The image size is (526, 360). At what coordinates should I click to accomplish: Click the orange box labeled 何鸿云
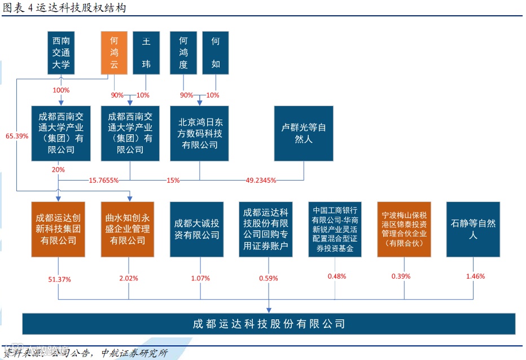(114, 53)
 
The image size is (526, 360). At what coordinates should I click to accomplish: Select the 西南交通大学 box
(61, 53)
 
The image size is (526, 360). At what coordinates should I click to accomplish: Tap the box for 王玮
(146, 53)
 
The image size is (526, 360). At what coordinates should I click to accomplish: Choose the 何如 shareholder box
(216, 53)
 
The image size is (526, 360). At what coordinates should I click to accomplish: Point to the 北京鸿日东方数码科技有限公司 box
(200, 134)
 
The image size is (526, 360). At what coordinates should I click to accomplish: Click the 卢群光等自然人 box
(304, 134)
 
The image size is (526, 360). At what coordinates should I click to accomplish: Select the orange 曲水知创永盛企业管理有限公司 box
(129, 229)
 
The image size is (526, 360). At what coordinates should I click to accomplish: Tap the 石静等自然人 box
(473, 229)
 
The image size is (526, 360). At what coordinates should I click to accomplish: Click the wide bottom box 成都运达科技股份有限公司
(269, 324)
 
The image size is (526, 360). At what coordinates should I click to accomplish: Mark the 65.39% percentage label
(17, 136)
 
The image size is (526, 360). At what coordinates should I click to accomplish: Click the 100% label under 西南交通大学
(61, 90)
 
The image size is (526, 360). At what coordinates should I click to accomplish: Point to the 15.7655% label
(104, 181)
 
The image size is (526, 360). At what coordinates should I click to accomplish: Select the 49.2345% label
(261, 181)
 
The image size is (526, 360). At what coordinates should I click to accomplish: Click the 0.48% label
(336, 276)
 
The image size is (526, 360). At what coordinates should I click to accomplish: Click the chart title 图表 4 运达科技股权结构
(65, 8)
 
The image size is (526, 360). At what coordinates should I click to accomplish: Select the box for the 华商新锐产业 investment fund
(335, 229)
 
